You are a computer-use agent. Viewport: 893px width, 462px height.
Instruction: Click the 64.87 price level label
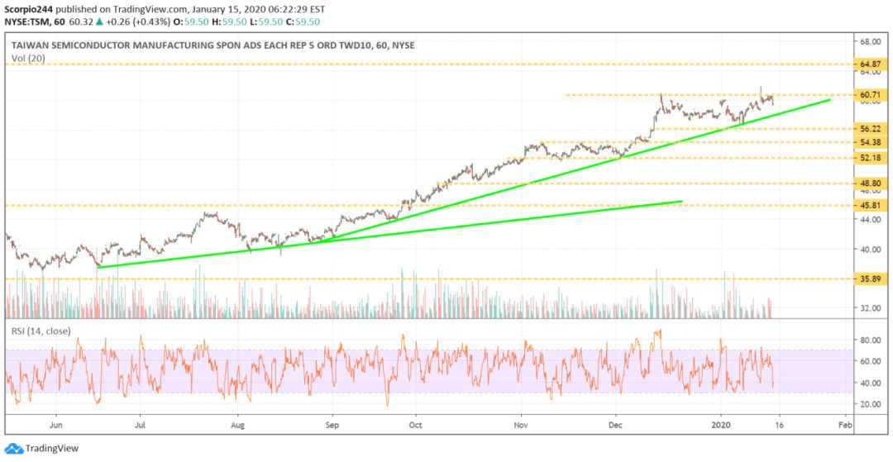(x=871, y=64)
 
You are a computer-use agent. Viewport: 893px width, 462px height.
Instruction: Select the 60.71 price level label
(x=871, y=95)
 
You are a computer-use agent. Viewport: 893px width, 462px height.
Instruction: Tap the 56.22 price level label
(x=871, y=129)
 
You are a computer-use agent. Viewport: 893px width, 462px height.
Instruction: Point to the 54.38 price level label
(x=871, y=143)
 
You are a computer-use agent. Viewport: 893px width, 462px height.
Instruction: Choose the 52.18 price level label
(x=871, y=158)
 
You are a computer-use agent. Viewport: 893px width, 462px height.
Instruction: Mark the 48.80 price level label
(x=871, y=183)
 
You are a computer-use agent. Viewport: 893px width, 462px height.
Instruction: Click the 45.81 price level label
(x=871, y=205)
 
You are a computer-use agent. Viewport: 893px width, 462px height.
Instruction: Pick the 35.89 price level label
(x=871, y=279)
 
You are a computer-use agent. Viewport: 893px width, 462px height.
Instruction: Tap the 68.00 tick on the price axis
(x=870, y=41)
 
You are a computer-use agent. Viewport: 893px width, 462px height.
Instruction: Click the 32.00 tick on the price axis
(x=870, y=308)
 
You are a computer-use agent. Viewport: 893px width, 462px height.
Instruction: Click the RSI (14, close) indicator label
(x=41, y=331)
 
